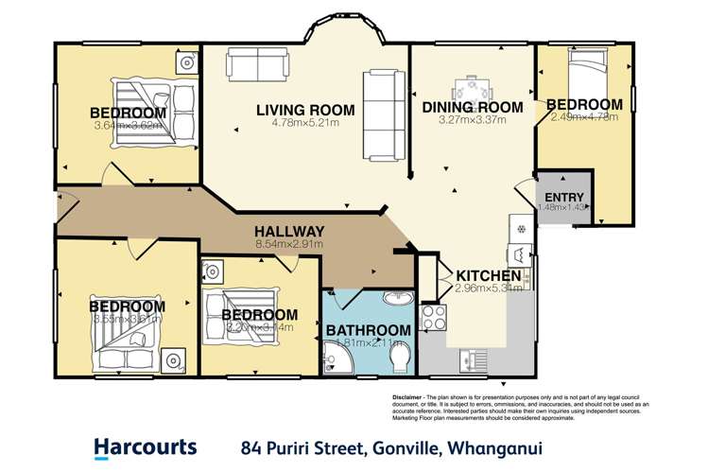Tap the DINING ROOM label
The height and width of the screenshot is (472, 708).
coord(472,108)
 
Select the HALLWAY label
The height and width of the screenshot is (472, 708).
coord(289,231)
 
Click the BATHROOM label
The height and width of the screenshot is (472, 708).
coord(369,330)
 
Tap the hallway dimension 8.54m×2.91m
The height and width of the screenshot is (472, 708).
coord(289,244)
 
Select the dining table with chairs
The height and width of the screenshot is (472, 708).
coord(472,90)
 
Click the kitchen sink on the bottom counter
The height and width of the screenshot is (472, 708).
coord(470,360)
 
